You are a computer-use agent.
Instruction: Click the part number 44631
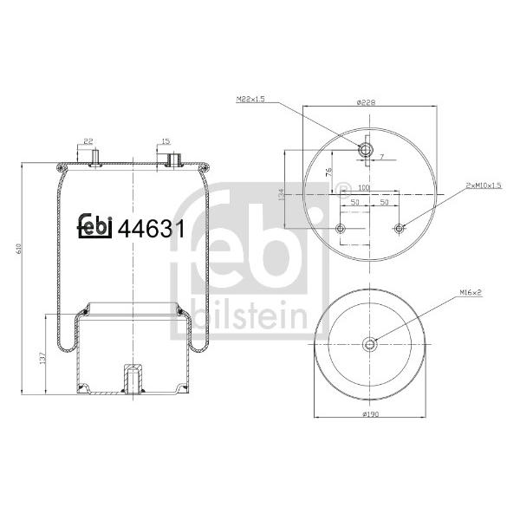pos(151,229)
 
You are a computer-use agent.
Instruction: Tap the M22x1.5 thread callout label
pos(250,99)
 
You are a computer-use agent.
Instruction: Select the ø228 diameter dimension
pos(366,102)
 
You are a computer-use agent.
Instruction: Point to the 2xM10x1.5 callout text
pos(484,185)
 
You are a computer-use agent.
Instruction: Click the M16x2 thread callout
pos(471,292)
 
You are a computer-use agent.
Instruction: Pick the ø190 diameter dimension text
pos(370,414)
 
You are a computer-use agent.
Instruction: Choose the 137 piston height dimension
pos(42,358)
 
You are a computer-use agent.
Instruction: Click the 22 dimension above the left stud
pos(88,141)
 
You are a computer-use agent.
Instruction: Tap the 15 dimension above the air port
pos(166,141)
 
